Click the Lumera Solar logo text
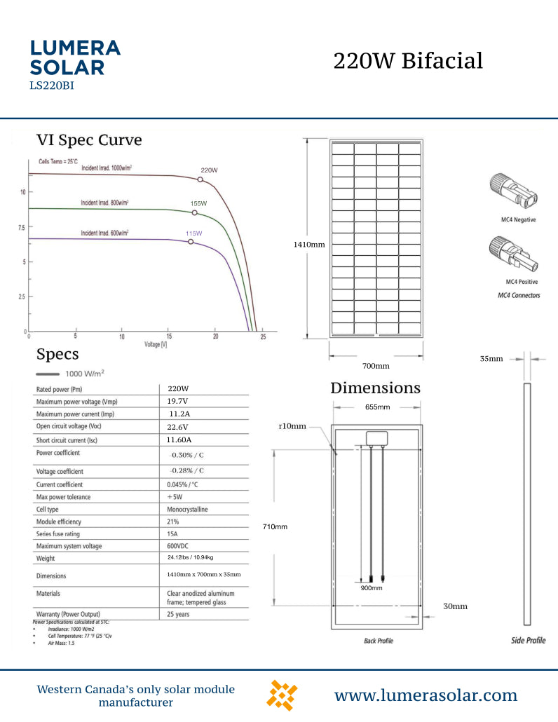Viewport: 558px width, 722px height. click(x=76, y=57)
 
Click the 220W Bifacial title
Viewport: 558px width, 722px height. click(x=408, y=61)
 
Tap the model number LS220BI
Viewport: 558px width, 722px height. click(x=52, y=86)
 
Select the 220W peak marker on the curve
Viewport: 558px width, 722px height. click(x=200, y=180)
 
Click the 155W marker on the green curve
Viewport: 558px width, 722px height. click(x=195, y=212)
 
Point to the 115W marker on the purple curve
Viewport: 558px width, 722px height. click(x=191, y=242)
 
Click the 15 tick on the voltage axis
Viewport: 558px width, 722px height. click(x=169, y=337)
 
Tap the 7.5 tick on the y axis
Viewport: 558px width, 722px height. click(x=22, y=228)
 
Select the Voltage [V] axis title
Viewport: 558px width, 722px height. click(x=156, y=345)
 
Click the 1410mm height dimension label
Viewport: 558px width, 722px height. click(x=309, y=245)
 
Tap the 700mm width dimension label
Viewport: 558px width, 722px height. click(x=376, y=366)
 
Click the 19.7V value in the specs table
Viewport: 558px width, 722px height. click(x=177, y=401)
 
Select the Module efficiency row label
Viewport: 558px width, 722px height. click(x=59, y=522)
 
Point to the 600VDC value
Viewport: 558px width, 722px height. click(x=179, y=546)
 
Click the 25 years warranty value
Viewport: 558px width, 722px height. click(x=178, y=614)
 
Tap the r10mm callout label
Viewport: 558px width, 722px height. click(x=292, y=426)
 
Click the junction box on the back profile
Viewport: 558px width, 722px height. click(x=378, y=437)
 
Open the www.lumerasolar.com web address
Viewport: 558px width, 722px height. click(x=426, y=695)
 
